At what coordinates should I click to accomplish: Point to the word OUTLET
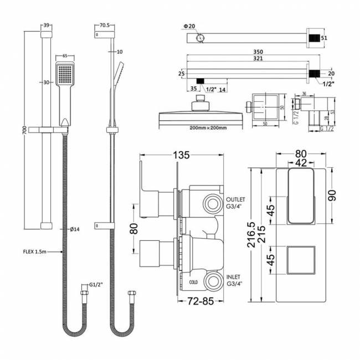point(235,199)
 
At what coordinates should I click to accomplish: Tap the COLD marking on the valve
point(193,282)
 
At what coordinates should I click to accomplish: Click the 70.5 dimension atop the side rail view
point(106,25)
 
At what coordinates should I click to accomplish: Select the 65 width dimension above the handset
point(65,56)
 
